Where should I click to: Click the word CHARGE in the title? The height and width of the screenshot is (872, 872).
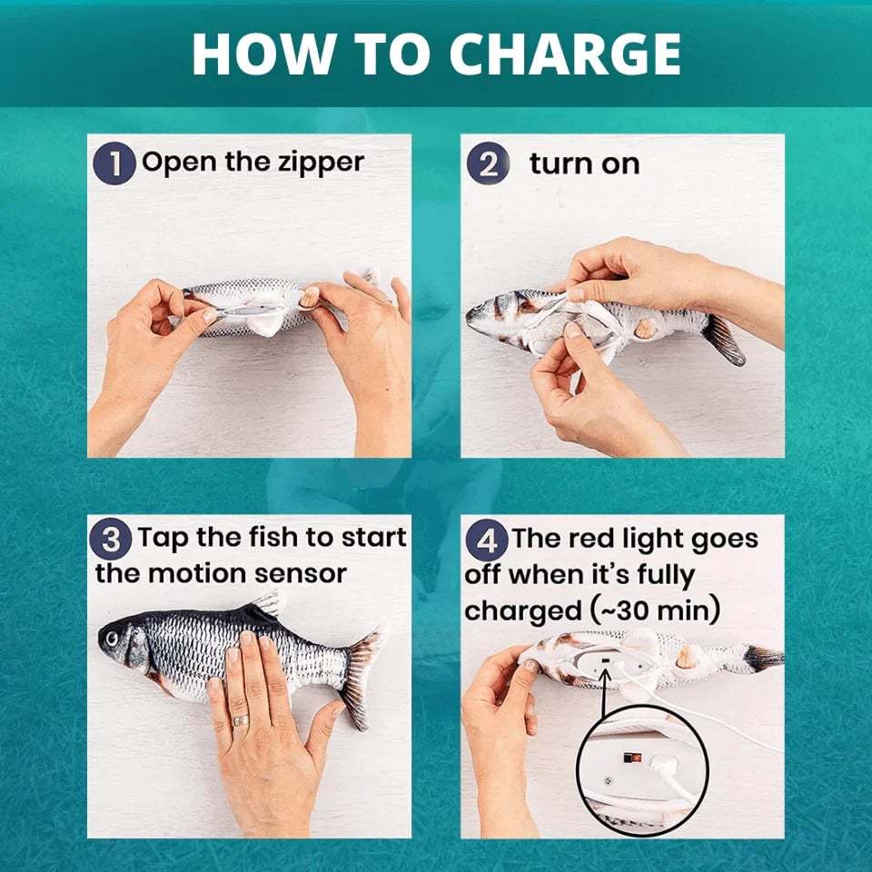point(564,54)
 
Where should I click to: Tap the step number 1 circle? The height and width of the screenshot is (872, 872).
point(114,163)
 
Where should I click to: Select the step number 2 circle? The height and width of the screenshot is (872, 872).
point(489,163)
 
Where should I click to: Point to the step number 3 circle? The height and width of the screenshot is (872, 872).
point(111,539)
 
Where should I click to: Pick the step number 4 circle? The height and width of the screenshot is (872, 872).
point(487,540)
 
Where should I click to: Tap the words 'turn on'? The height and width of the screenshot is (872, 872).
point(584,164)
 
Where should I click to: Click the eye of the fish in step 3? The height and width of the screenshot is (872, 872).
point(112,639)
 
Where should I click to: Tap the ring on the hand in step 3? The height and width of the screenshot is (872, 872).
point(240,720)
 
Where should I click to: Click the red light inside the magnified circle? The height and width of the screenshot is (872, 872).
point(632,757)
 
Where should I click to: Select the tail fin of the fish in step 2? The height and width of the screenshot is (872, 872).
point(723,338)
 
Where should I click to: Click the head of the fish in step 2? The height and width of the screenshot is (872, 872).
point(490,317)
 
